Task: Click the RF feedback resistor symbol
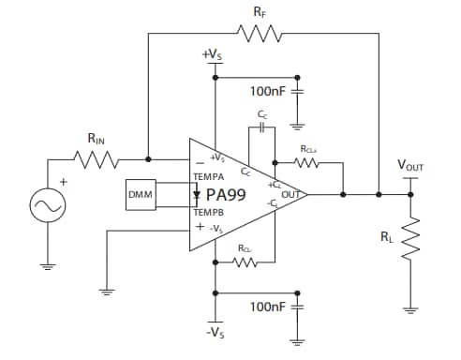tap(257, 35)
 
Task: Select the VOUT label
tap(410, 166)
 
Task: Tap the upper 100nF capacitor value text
tap(268, 91)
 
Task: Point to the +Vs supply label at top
tap(213, 55)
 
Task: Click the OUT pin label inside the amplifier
tap(291, 195)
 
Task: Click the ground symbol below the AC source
tap(47, 264)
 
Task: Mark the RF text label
tap(258, 11)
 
